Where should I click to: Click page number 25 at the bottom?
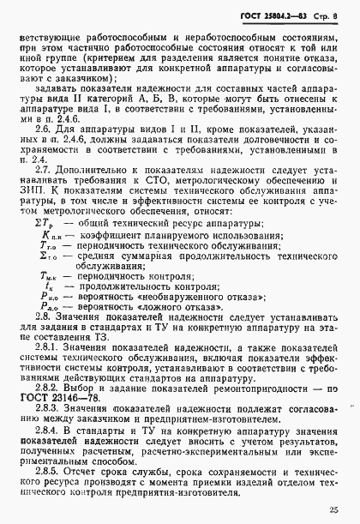pos(342,510)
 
